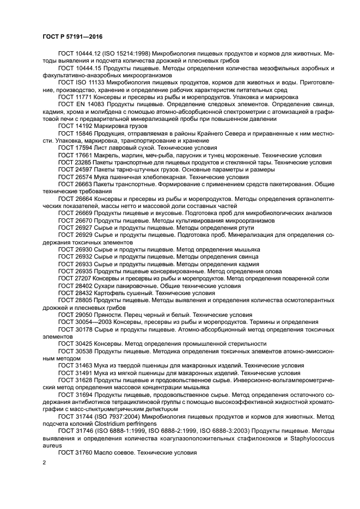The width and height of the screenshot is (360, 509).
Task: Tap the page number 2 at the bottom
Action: pos(45,463)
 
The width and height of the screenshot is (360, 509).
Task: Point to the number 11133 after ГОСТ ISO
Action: pos(97,83)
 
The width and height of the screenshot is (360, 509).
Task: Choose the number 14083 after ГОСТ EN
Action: pos(94,104)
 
